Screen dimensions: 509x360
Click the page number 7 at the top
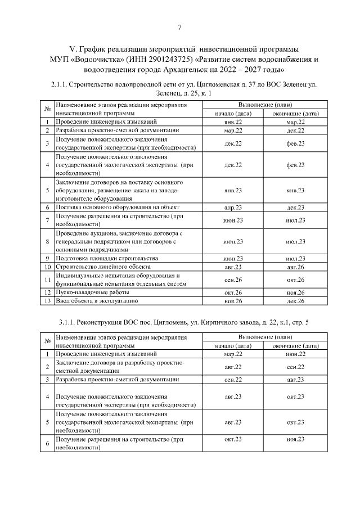[179, 28]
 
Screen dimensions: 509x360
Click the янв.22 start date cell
[233, 122]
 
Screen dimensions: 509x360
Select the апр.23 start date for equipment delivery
[233, 208]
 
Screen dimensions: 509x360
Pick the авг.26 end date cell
[295, 266]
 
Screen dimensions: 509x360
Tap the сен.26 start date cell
[233, 280]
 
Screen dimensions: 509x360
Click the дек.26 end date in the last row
[295, 301]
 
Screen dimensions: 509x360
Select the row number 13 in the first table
[48, 301]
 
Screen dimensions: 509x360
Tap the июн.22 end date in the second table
[295, 354]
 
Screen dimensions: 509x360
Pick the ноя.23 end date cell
[295, 438]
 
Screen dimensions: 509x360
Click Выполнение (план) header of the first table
[264, 105]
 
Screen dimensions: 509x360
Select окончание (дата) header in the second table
[295, 345]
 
